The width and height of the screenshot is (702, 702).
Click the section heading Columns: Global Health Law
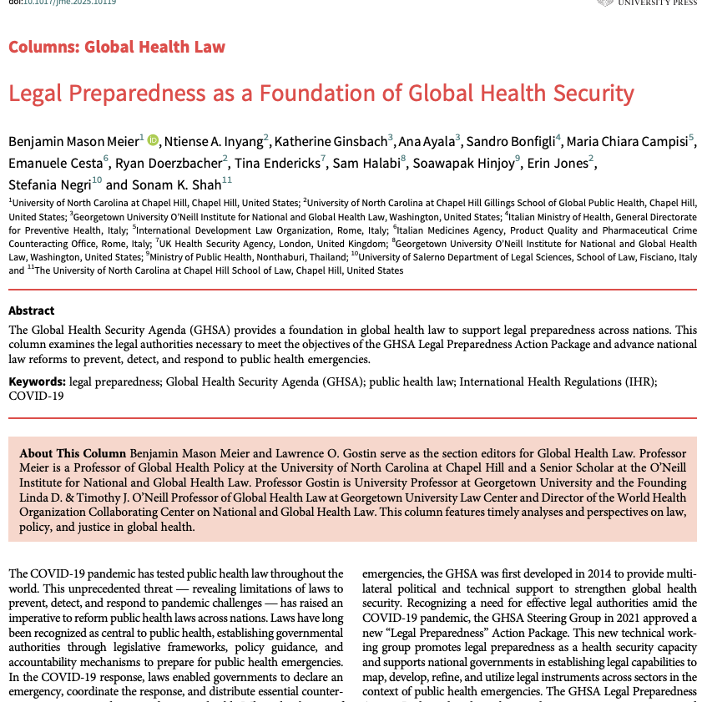(117, 47)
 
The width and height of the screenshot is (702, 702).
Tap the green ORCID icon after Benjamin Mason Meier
(153, 140)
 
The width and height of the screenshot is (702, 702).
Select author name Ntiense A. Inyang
(213, 140)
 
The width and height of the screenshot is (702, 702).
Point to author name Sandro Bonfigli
(510, 140)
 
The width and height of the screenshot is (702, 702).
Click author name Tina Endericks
(277, 162)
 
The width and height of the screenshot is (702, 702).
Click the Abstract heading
(32, 311)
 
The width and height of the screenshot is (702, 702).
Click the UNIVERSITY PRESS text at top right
(659, 3)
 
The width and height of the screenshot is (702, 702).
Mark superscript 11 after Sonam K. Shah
(227, 180)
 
